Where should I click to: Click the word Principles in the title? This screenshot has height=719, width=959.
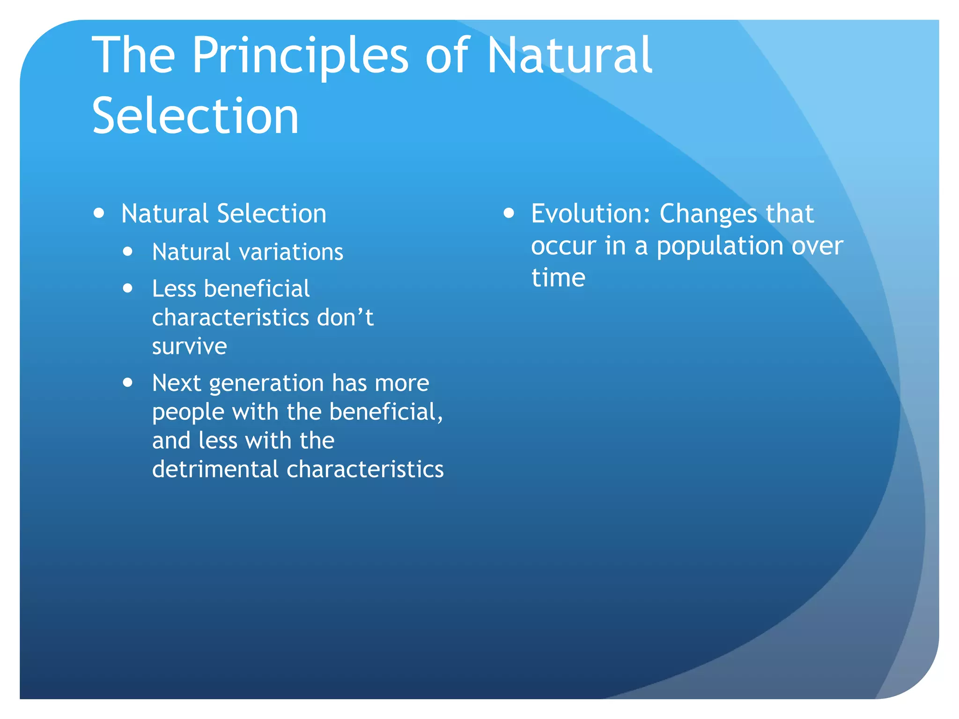point(300,56)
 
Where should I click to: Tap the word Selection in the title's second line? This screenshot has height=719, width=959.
point(195,116)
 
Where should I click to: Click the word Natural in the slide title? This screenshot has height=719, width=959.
point(569,56)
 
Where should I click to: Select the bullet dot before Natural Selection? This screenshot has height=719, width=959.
point(99,213)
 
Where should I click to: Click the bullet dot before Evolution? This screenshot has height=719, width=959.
point(509,213)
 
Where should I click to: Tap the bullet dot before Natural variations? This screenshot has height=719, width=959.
point(128,252)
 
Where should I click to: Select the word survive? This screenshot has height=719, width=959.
point(189,346)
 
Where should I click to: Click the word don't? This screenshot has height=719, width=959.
point(345,317)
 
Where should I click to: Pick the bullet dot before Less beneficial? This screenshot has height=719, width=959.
point(128,288)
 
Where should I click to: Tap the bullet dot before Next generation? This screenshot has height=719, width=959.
point(128,382)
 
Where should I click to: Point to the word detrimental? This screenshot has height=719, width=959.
point(215,469)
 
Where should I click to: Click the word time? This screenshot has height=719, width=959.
point(558,278)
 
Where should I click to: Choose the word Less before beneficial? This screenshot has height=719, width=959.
point(174,288)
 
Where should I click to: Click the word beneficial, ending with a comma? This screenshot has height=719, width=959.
point(386,412)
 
